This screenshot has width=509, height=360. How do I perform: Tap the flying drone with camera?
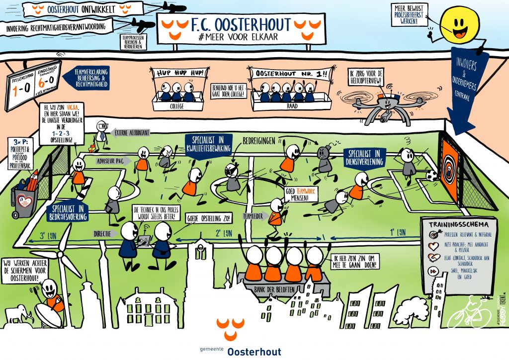click(385, 106)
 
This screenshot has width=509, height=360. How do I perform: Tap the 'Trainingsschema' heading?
click(456, 224)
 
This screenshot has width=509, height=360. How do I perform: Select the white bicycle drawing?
click(468, 312)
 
